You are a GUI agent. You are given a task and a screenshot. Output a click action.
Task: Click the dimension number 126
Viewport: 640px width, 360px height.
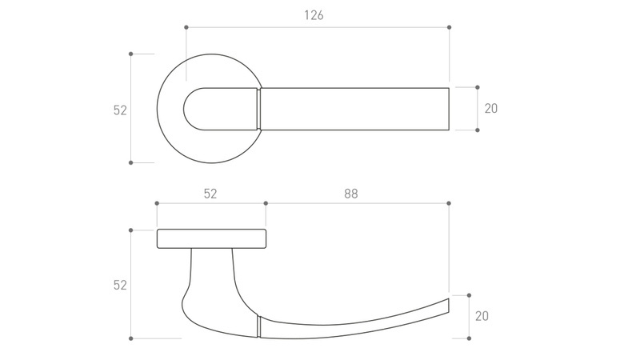314,15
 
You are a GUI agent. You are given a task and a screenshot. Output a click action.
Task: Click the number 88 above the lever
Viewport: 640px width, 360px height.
350,194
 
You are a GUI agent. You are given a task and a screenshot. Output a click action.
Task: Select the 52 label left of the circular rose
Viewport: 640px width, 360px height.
120,110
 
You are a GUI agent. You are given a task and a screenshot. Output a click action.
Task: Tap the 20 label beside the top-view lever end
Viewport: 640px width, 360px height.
491,109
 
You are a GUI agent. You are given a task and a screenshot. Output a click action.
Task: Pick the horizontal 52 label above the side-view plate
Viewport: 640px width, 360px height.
210,194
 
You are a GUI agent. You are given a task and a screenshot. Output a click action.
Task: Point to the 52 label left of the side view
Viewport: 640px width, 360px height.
120,285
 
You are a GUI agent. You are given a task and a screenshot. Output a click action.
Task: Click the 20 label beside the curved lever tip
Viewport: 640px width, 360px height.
482,316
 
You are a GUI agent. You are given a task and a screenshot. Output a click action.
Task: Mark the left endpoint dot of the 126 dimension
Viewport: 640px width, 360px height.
186,27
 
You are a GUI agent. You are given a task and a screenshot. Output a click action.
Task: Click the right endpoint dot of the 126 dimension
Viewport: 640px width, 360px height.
450,27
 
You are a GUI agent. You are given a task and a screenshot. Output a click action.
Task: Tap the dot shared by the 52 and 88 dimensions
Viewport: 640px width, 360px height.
266,203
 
